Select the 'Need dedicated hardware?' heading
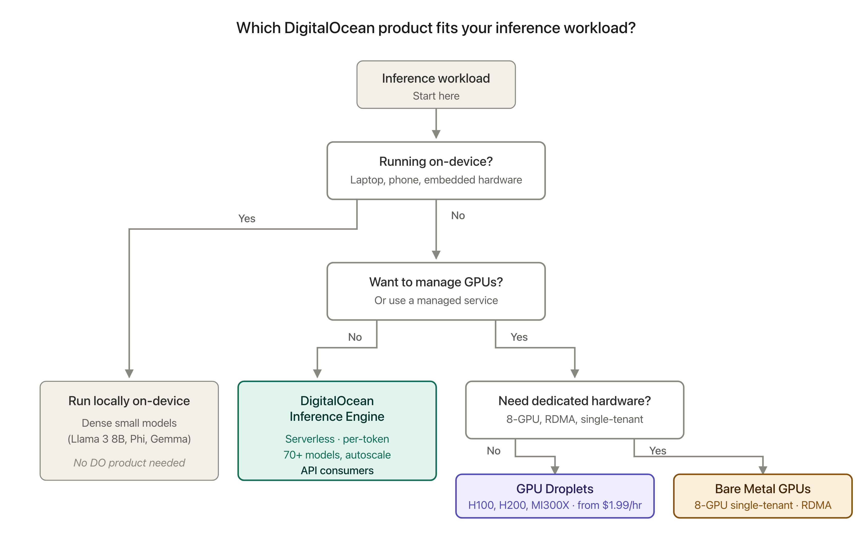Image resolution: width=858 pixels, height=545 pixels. pyautogui.click(x=574, y=401)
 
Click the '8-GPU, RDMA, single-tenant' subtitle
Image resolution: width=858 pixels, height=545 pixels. pyautogui.click(x=574, y=419)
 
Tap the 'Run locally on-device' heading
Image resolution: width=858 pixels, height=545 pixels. pyautogui.click(x=129, y=401)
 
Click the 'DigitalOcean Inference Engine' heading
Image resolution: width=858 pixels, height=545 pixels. pyautogui.click(x=337, y=409)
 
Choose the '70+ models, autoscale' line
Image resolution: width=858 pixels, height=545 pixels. pyautogui.click(x=337, y=455)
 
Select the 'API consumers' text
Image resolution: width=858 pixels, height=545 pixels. pyautogui.click(x=337, y=471)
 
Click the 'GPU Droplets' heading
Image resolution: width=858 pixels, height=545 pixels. pyautogui.click(x=555, y=489)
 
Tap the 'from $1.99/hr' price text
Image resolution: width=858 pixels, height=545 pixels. pyautogui.click(x=609, y=505)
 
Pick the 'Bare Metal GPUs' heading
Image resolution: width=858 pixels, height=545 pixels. pyautogui.click(x=762, y=489)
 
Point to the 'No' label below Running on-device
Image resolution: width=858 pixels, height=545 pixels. pyautogui.click(x=458, y=215)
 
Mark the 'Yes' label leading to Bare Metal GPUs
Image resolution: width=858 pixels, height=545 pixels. pyautogui.click(x=657, y=451)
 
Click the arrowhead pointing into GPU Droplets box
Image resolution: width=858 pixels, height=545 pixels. pyautogui.click(x=555, y=470)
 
